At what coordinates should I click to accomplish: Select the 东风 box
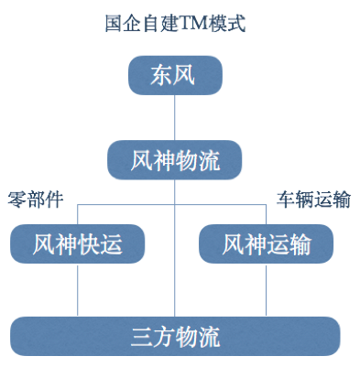pos(174,76)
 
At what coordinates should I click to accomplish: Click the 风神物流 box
pos(174,161)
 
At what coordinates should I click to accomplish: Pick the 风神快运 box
pos(77,244)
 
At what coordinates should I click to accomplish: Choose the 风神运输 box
pos(266,244)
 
